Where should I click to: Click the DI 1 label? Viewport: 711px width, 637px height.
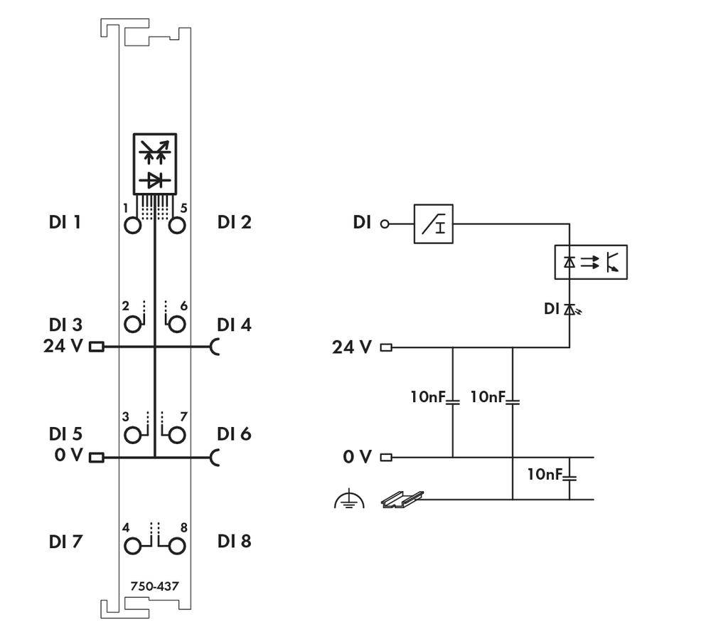(x=65, y=222)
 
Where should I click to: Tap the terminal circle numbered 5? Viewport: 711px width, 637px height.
(x=176, y=226)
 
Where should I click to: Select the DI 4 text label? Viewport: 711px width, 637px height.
(x=234, y=325)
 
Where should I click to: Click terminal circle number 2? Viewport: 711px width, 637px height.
(x=132, y=325)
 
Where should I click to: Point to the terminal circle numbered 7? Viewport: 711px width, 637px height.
(x=176, y=433)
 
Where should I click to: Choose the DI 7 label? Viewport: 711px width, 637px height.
(x=65, y=542)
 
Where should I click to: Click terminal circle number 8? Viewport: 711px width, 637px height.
(x=176, y=546)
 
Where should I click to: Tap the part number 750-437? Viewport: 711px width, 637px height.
(x=154, y=586)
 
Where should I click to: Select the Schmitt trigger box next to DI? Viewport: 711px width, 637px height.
(x=433, y=223)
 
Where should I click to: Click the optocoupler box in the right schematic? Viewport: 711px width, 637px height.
(x=590, y=263)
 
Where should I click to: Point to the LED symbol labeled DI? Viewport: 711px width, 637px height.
(x=570, y=309)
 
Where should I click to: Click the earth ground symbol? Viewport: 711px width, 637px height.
(x=348, y=500)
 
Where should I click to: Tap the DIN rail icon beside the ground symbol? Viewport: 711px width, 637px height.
(x=402, y=499)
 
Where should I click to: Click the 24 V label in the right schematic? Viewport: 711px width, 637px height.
(x=351, y=348)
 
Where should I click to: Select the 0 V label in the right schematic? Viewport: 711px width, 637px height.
(x=356, y=457)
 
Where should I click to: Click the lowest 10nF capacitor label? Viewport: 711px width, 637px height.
(x=545, y=473)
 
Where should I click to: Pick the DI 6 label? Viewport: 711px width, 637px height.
(x=234, y=433)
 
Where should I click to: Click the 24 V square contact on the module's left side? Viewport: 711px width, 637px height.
(x=96, y=348)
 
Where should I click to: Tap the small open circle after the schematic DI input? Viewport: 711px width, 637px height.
(x=385, y=224)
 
